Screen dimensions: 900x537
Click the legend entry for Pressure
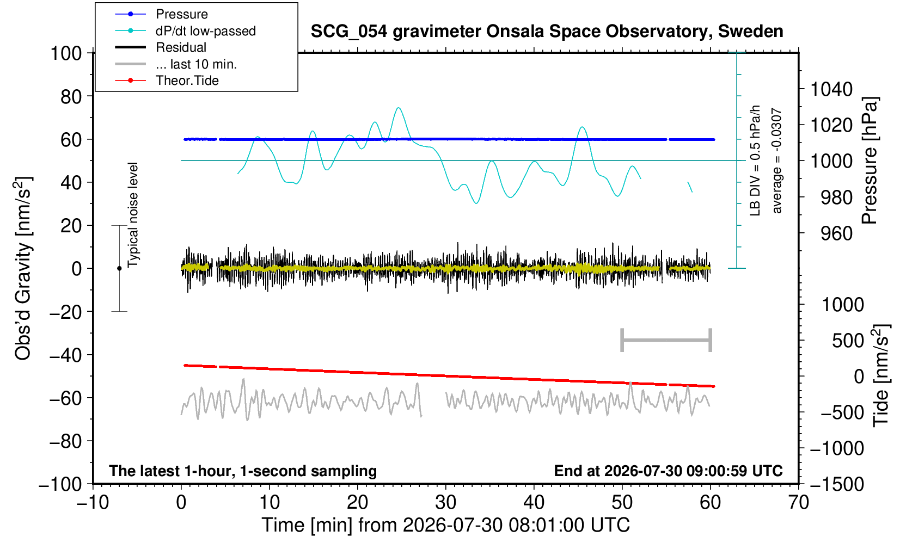tap(162, 14)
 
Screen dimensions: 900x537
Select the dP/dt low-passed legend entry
tap(185, 31)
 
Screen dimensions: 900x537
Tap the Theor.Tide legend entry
tap(167, 81)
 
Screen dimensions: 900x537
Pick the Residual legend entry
tap(161, 47)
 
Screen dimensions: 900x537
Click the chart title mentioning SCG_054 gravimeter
tap(547, 31)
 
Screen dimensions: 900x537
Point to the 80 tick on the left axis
tap(71, 97)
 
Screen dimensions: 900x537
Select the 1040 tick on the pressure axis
tap(831, 89)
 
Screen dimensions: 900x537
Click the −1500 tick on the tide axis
tap(837, 484)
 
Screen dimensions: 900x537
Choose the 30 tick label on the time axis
tap(445, 503)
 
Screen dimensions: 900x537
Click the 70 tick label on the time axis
tap(798, 503)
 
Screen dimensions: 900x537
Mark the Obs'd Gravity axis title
tap(23, 268)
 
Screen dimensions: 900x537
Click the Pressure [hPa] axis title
tap(870, 161)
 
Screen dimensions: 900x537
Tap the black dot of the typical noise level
tap(119, 268)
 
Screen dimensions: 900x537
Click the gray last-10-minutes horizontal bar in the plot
tap(666, 340)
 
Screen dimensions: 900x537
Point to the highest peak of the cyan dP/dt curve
tap(398, 108)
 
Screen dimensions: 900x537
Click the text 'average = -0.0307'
tap(777, 161)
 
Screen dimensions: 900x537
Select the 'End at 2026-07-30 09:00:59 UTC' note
tap(668, 471)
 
